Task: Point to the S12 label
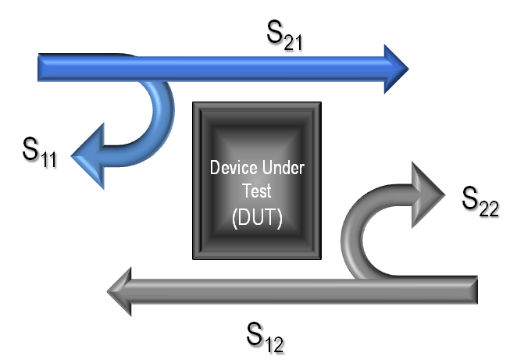click(266, 337)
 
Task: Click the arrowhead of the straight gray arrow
click(123, 291)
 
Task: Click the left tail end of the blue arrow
click(43, 68)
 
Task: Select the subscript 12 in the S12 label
click(276, 344)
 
